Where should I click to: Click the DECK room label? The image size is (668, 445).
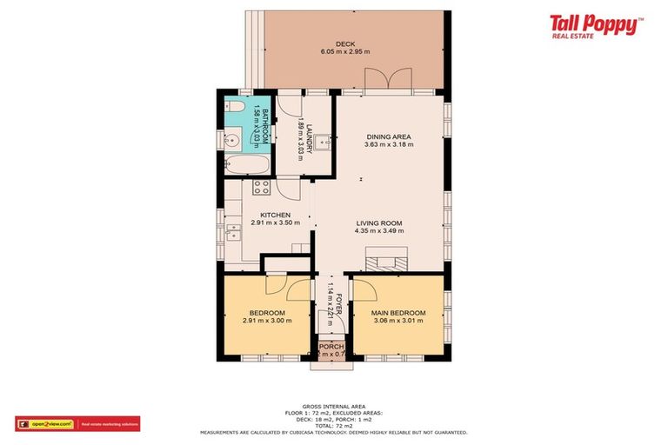coord(345,44)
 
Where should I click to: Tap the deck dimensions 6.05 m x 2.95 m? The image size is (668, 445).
coord(345,52)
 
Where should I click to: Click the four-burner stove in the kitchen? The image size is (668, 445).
coord(261,187)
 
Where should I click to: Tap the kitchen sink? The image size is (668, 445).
coord(233,231)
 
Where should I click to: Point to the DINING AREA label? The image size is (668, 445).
coord(389,136)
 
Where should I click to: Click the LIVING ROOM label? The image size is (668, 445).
coord(378,223)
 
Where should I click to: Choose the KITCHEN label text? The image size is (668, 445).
coord(275,215)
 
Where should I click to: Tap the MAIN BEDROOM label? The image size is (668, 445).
coord(398,313)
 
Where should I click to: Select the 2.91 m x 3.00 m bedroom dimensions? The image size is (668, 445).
coord(267,321)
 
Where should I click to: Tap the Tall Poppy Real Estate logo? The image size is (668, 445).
coord(594,26)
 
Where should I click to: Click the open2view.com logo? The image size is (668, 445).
coord(45,424)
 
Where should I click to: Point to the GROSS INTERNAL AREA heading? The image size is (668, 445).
coord(333,406)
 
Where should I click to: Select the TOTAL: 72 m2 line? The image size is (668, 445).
coord(333,426)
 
